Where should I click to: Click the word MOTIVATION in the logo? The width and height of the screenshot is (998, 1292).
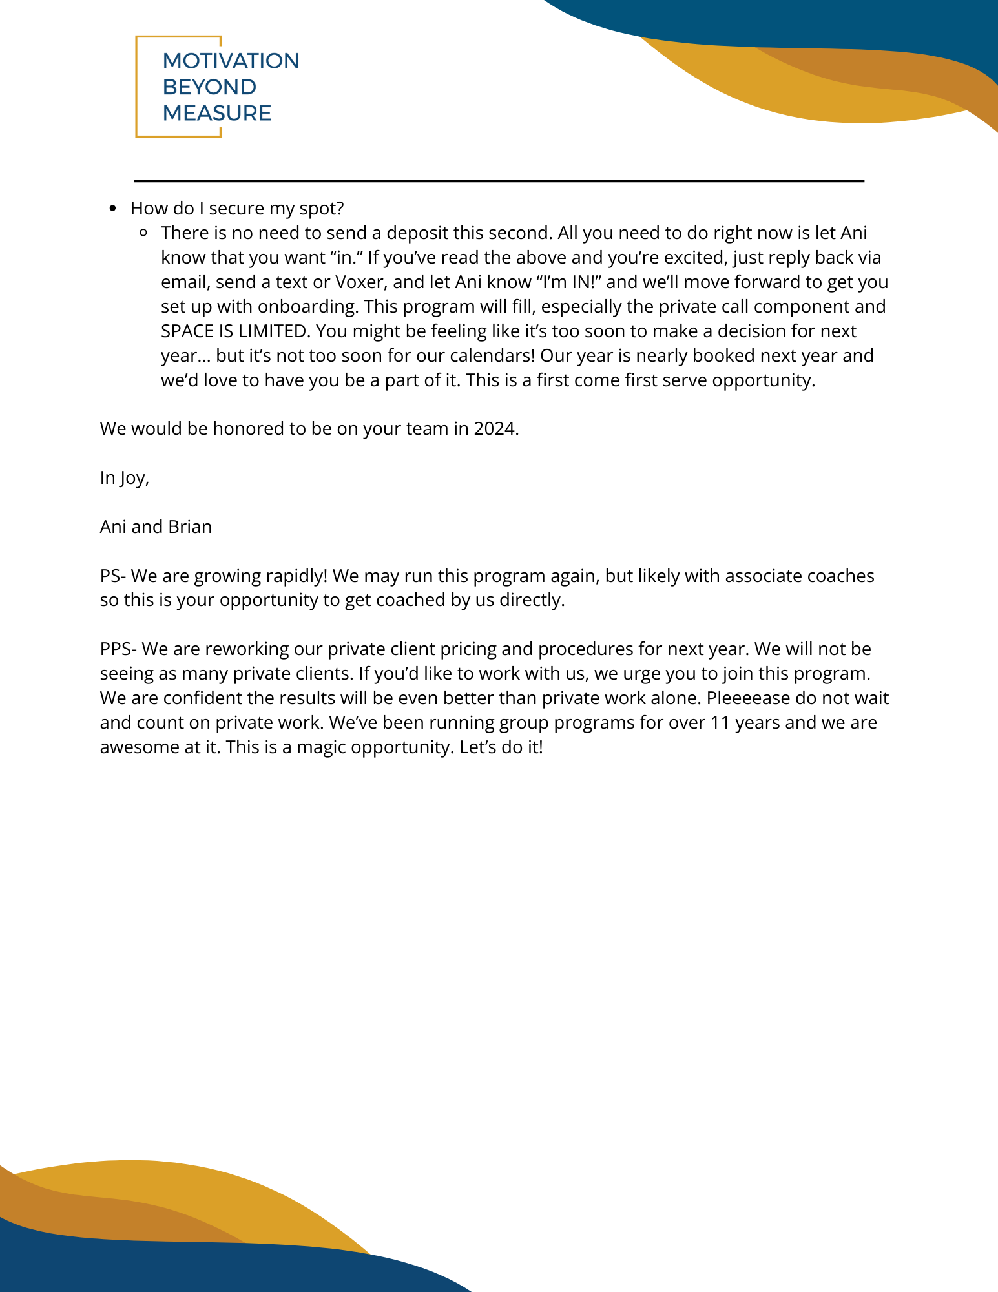point(231,61)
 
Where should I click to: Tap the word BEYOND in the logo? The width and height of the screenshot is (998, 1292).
point(209,87)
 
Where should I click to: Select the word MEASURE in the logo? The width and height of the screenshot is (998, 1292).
point(216,113)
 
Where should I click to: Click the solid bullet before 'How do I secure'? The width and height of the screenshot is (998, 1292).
point(113,209)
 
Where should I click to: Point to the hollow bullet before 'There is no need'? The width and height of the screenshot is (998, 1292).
point(143,233)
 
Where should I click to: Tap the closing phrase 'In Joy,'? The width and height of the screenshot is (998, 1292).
point(125,477)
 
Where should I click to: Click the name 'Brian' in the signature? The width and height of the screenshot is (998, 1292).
point(190,526)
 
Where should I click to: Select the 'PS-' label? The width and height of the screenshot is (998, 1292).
point(113,576)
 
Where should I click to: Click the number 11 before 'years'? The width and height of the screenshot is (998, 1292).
point(720,722)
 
